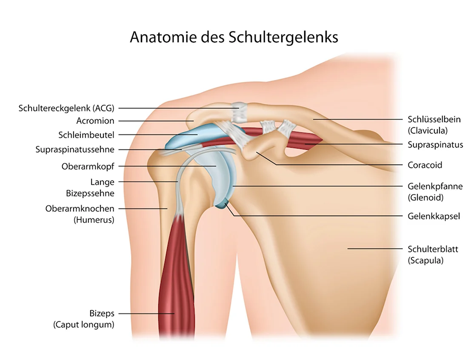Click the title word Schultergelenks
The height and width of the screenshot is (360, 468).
[x=283, y=38]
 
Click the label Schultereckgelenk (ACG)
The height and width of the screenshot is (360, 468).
[x=66, y=108]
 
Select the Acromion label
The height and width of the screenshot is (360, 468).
[x=95, y=121]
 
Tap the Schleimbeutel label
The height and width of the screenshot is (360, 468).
[x=86, y=135]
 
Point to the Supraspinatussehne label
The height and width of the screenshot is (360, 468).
[x=75, y=149]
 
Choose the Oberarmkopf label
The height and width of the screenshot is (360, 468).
[x=88, y=166]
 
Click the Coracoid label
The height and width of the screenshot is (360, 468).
[x=425, y=165]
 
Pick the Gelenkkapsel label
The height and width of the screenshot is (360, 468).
[x=434, y=216]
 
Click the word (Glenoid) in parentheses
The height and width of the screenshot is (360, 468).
[x=425, y=197]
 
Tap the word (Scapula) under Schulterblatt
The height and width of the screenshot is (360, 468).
[x=425, y=260]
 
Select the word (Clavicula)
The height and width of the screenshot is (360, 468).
[x=428, y=131]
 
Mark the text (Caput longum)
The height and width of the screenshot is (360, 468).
[x=84, y=325]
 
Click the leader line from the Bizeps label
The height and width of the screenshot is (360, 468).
[x=146, y=314]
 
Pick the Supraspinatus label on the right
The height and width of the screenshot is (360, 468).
[x=436, y=145]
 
